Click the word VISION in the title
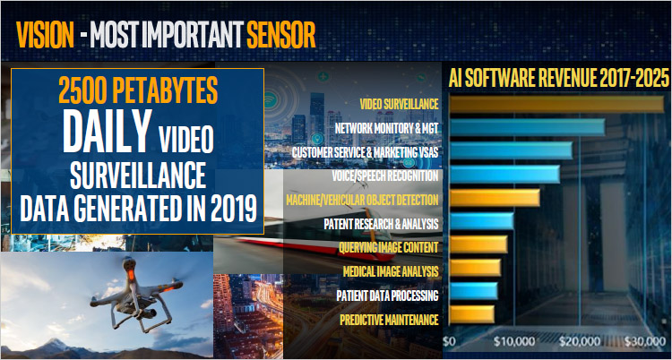click(45, 34)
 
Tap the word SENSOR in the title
click(281, 34)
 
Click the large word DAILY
click(108, 131)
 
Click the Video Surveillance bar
click(556, 104)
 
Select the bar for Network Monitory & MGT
click(527, 127)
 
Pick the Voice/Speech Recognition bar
click(504, 174)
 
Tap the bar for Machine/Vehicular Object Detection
click(495, 198)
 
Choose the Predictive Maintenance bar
click(472, 314)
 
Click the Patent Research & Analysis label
click(381, 224)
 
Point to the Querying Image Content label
click(389, 247)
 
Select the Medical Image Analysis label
click(391, 271)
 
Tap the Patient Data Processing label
click(387, 296)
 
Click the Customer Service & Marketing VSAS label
click(366, 152)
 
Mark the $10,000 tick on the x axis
click(514, 341)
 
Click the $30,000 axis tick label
click(644, 341)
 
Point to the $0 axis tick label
click(449, 341)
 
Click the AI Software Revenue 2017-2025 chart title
click(559, 79)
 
